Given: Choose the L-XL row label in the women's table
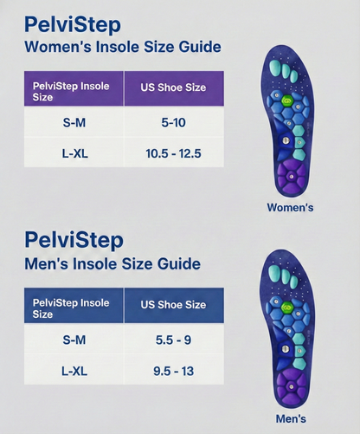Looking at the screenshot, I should pyautogui.click(x=74, y=154).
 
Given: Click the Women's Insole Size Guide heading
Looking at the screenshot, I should pyautogui.click(x=122, y=47).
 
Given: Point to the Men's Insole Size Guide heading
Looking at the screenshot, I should pyautogui.click(x=112, y=262).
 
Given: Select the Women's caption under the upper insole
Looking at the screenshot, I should pyautogui.click(x=291, y=208).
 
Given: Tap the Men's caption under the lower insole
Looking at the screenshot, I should pyautogui.click(x=291, y=418).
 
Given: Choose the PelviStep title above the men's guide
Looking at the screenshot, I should pyautogui.click(x=74, y=239).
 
